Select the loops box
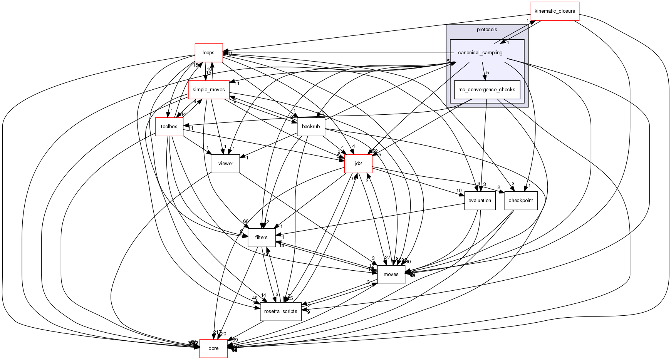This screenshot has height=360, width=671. click(208, 53)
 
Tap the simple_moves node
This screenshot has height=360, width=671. click(209, 90)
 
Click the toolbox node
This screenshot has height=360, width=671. click(169, 127)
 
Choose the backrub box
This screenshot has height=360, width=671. click(310, 127)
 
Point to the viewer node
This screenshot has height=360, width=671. click(225, 164)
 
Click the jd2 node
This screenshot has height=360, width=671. click(358, 164)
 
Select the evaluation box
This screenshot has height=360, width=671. click(480, 201)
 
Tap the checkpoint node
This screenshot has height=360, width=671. click(520, 201)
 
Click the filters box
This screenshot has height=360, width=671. click(261, 238)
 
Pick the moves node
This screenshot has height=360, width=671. click(391, 275)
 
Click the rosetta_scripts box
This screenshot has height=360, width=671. click(280, 311)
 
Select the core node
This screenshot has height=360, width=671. click(213, 348)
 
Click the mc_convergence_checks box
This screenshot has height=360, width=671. click(487, 90)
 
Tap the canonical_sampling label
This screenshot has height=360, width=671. click(480, 53)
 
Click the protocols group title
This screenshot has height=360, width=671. click(486, 30)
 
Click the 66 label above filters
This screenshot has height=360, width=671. click(246, 221)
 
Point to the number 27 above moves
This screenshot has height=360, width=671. click(388, 258)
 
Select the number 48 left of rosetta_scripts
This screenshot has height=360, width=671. click(255, 298)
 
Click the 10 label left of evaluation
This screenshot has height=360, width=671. click(459, 191)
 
